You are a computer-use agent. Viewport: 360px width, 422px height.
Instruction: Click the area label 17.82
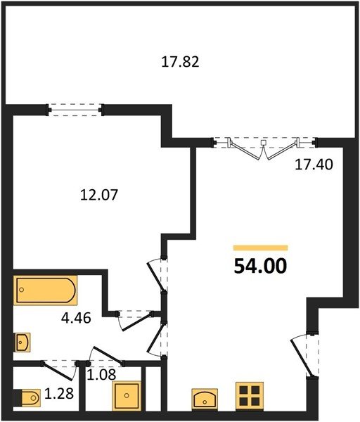coord(180,62)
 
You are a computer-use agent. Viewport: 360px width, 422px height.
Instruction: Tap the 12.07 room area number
coord(99,195)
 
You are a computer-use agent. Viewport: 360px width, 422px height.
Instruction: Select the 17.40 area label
coord(314,165)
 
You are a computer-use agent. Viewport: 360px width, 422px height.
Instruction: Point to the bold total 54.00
coord(260,266)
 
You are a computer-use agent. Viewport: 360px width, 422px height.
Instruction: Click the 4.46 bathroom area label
coord(76,319)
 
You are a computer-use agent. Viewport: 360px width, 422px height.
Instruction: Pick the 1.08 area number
coord(101,374)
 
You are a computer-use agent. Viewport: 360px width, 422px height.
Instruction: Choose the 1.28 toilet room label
coord(58,394)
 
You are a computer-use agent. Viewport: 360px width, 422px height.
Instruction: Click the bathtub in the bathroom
coord(46,290)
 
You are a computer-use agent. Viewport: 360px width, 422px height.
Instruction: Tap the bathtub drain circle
coord(22,290)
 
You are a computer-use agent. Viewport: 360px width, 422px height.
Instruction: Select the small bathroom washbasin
coord(22,343)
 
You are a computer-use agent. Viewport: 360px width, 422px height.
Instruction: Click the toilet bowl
coord(31,397)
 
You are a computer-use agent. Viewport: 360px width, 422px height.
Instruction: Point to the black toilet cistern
coord(17,398)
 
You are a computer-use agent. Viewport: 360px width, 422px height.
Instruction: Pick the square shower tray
coord(127,395)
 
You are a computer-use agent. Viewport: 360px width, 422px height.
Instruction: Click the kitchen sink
coord(205,399)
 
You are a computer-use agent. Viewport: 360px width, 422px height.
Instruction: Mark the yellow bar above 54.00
coord(261,248)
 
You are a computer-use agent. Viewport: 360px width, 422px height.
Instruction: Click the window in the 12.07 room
coord(75,110)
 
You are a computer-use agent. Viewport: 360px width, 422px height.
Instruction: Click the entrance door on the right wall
coord(304,355)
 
